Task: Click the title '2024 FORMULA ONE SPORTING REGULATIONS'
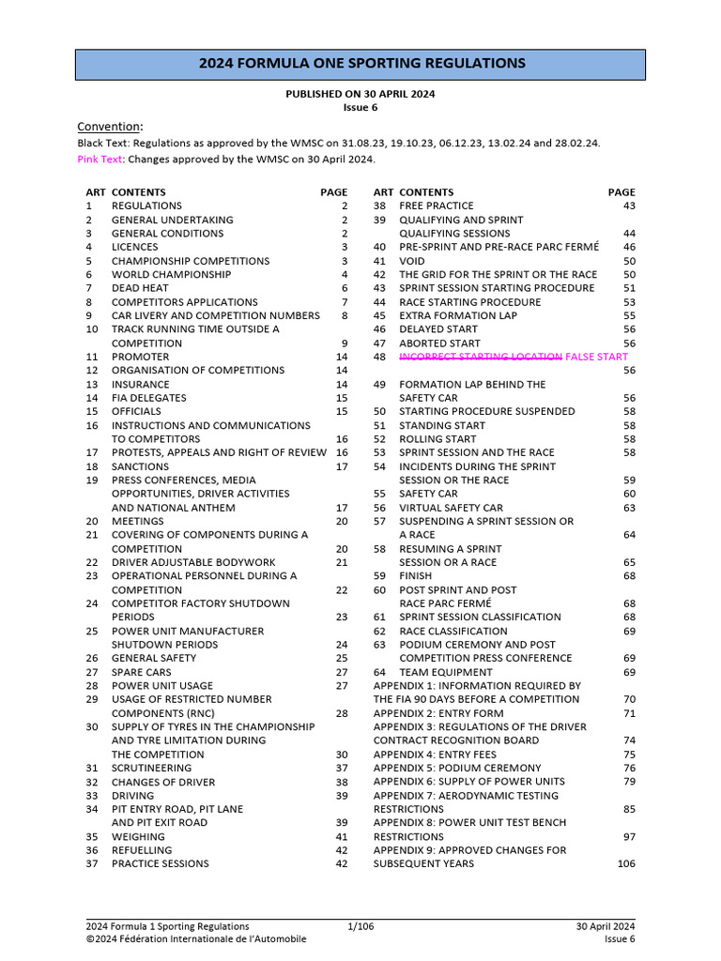[x=360, y=64]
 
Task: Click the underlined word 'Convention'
[x=109, y=127]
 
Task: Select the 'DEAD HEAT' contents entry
[x=142, y=288]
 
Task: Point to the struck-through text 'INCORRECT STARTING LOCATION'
[x=481, y=358]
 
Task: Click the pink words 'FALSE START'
[x=597, y=358]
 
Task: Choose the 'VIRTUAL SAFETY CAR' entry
[x=452, y=508]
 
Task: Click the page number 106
[x=626, y=863]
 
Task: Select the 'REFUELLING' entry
[x=142, y=850]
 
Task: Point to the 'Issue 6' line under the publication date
[x=360, y=108]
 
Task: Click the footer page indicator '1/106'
[x=360, y=926]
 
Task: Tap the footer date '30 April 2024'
[x=606, y=926]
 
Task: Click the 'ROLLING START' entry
[x=437, y=439]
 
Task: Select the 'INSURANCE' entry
[x=141, y=385]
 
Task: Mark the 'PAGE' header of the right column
[x=621, y=192]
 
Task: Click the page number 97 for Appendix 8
[x=629, y=836]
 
